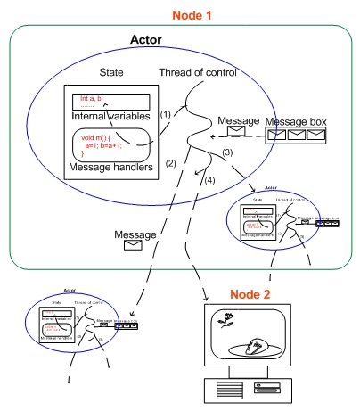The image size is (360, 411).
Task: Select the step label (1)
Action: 165,114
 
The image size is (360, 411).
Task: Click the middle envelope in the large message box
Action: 296,136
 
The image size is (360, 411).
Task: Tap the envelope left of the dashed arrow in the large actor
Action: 237,134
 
